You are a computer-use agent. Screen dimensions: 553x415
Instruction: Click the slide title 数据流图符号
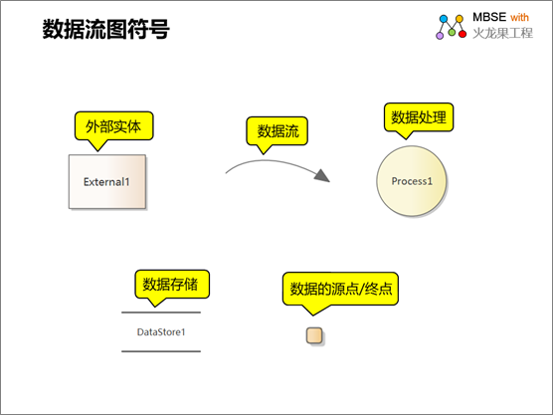point(105,29)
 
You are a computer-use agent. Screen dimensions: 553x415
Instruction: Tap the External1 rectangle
point(107,181)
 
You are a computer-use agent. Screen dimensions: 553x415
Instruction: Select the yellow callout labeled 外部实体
point(114,126)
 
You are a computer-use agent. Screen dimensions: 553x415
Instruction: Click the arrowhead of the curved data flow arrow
point(322,176)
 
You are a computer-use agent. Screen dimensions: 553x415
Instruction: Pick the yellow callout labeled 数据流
point(277,131)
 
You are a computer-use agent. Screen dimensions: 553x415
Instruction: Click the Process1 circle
point(412,181)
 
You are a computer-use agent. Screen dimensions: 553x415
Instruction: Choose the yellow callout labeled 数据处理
point(419,117)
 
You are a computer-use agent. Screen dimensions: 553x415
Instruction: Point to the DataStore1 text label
point(161,332)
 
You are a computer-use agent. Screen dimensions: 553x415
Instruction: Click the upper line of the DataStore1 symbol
point(161,312)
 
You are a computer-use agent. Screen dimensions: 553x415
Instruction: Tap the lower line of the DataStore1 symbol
point(161,351)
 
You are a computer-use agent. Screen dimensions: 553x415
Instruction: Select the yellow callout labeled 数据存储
point(172,284)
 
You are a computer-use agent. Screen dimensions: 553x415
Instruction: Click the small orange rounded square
point(314,335)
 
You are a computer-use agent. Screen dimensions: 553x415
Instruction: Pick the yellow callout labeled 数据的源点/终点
point(340,289)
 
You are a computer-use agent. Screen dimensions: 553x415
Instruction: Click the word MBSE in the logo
point(489,17)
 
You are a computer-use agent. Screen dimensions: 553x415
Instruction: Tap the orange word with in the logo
point(519,17)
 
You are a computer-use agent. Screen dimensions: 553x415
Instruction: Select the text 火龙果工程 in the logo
point(502,33)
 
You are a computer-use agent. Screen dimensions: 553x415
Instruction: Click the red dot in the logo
point(462,34)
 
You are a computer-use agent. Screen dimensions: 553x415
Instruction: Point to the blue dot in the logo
point(444,19)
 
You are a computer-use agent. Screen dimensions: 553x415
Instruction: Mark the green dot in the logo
point(452,33)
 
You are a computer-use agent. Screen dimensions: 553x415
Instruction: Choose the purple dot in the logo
point(440,36)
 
